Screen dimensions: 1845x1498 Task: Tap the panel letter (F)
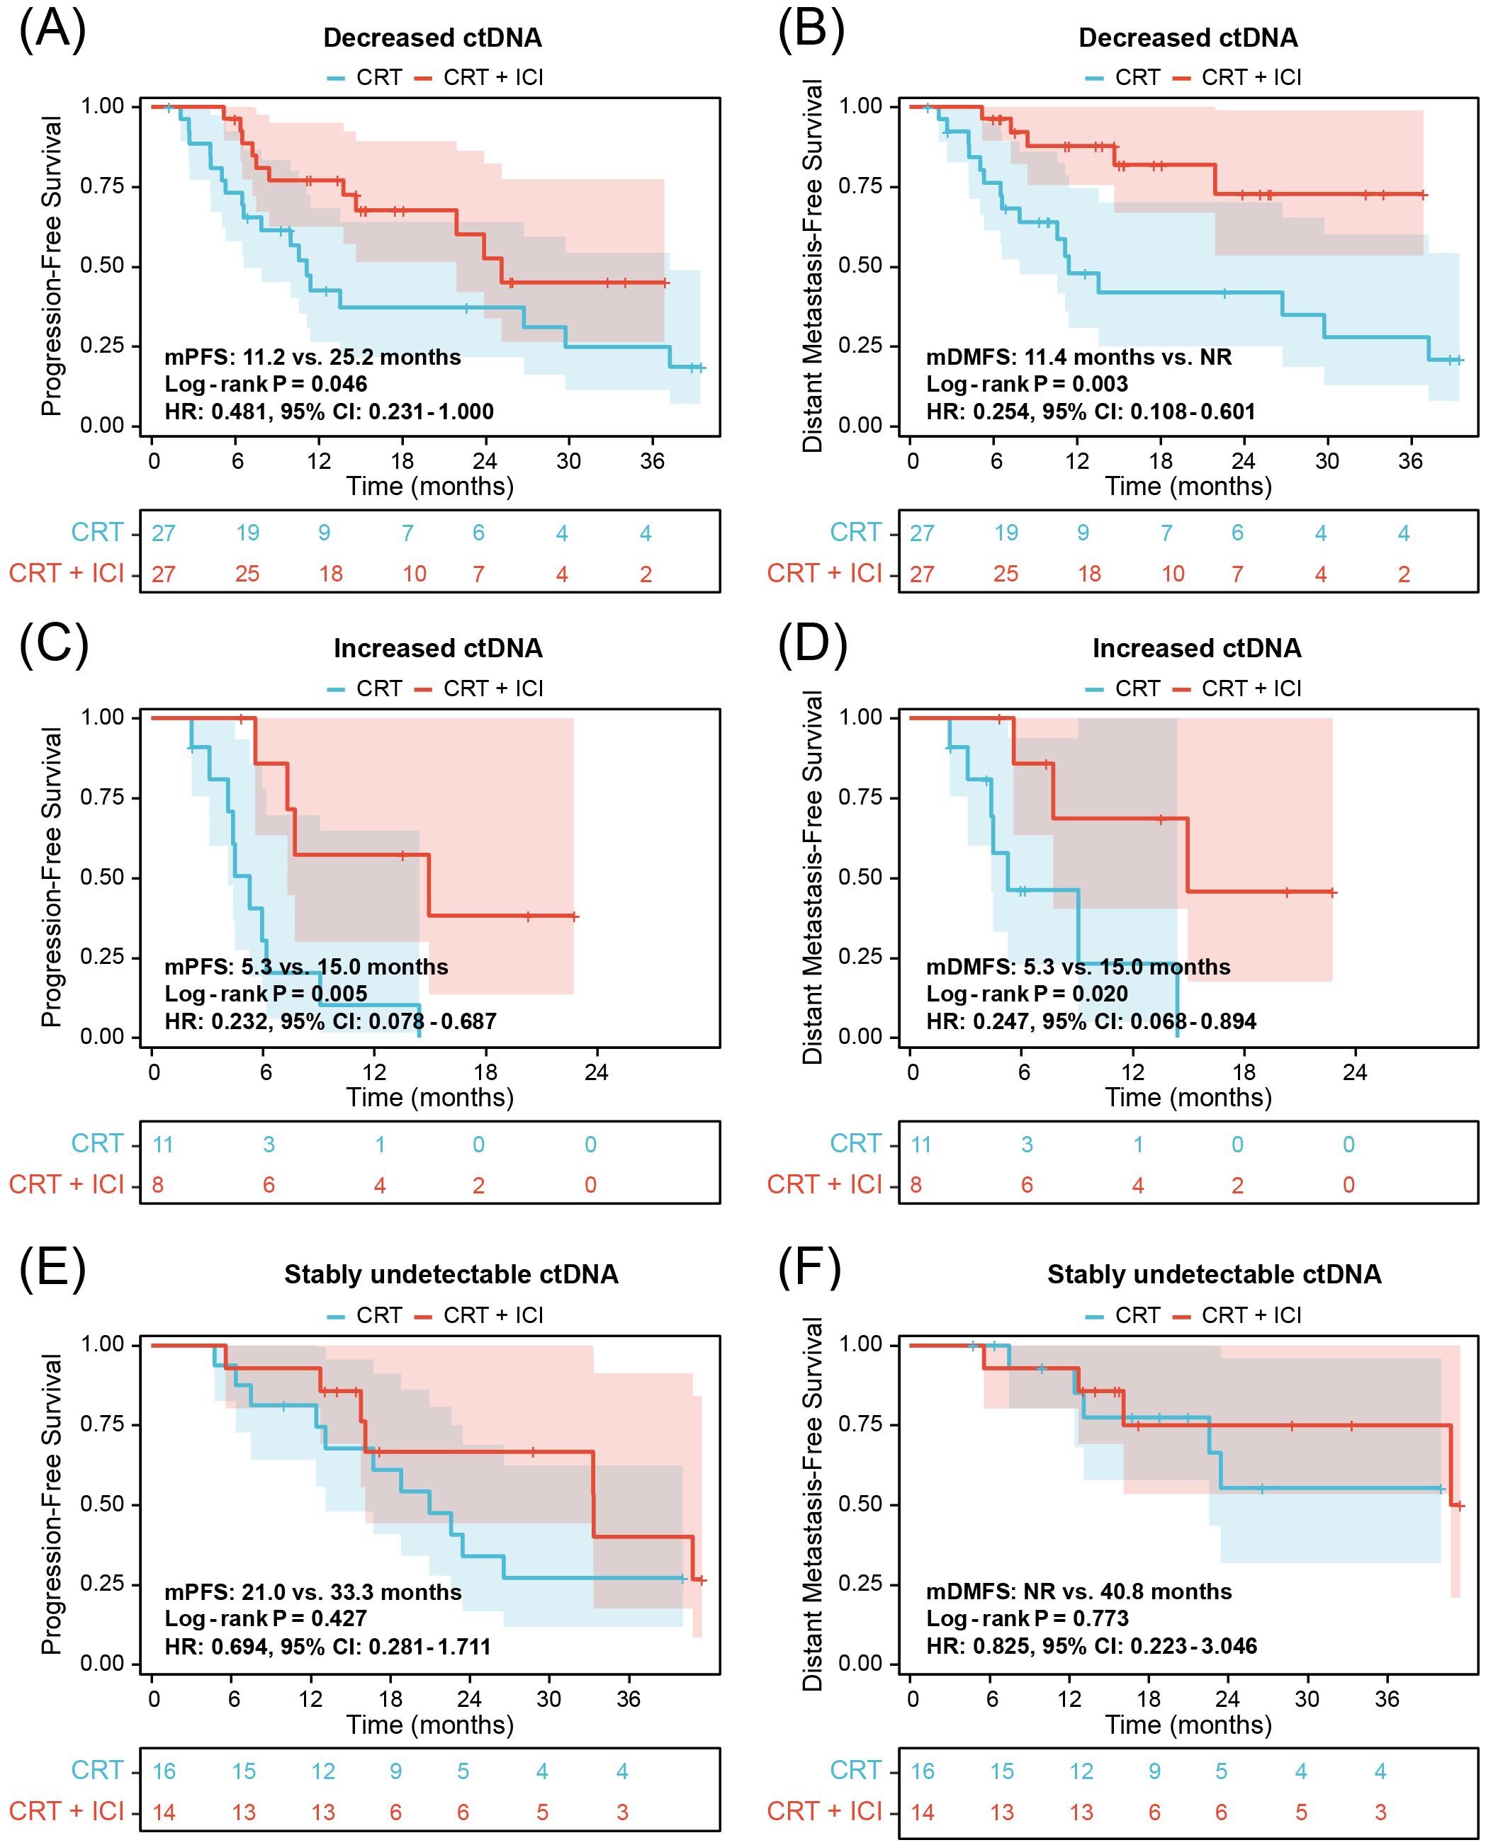click(809, 1267)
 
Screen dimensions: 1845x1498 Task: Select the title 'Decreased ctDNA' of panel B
click(1188, 38)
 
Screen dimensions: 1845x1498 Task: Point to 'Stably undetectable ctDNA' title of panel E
click(451, 1274)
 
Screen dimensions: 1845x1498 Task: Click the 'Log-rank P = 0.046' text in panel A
click(266, 384)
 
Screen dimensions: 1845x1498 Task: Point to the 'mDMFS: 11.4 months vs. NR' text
click(1079, 357)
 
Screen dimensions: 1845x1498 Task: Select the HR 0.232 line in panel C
click(330, 1021)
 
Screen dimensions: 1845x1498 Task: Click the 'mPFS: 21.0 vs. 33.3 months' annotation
click(312, 1591)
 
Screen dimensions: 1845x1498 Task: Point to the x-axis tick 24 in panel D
click(1355, 1072)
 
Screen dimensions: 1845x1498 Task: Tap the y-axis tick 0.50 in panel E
click(102, 1504)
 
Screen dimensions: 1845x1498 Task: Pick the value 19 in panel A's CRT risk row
click(247, 533)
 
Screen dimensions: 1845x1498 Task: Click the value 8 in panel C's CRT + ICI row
click(158, 1184)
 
